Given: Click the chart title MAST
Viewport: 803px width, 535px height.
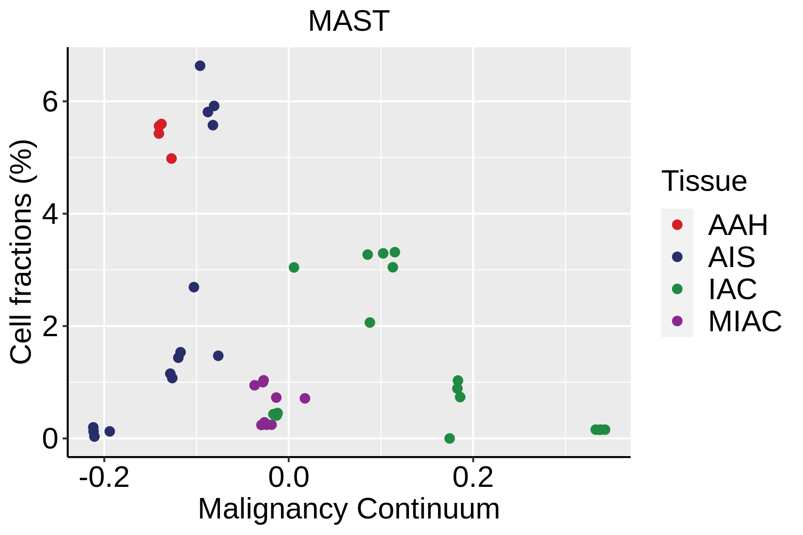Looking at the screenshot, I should [x=348, y=21].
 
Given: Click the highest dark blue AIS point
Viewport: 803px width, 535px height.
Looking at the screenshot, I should [x=200, y=66].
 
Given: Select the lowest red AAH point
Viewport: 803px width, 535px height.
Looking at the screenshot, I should [x=171, y=158].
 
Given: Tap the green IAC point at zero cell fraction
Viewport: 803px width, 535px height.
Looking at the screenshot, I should [x=449, y=438].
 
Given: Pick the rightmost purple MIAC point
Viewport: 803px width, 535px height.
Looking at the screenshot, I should [x=305, y=398].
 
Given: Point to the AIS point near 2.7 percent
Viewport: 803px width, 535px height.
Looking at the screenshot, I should [x=194, y=287].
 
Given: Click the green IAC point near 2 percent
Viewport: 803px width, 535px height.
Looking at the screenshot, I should [x=370, y=322].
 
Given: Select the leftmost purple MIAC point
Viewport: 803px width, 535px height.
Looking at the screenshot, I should [x=254, y=385].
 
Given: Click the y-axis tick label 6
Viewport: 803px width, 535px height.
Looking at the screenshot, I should [x=50, y=103].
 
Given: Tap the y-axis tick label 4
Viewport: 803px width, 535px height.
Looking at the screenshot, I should [x=50, y=214].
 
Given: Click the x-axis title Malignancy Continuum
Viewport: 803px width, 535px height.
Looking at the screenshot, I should [x=348, y=509].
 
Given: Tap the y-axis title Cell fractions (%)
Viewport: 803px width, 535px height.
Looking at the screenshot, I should [x=21, y=252].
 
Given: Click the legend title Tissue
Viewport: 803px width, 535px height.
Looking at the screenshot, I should [x=704, y=181].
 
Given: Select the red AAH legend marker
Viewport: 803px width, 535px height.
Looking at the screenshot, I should [x=677, y=225].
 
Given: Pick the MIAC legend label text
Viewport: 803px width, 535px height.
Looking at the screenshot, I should [x=745, y=321].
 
